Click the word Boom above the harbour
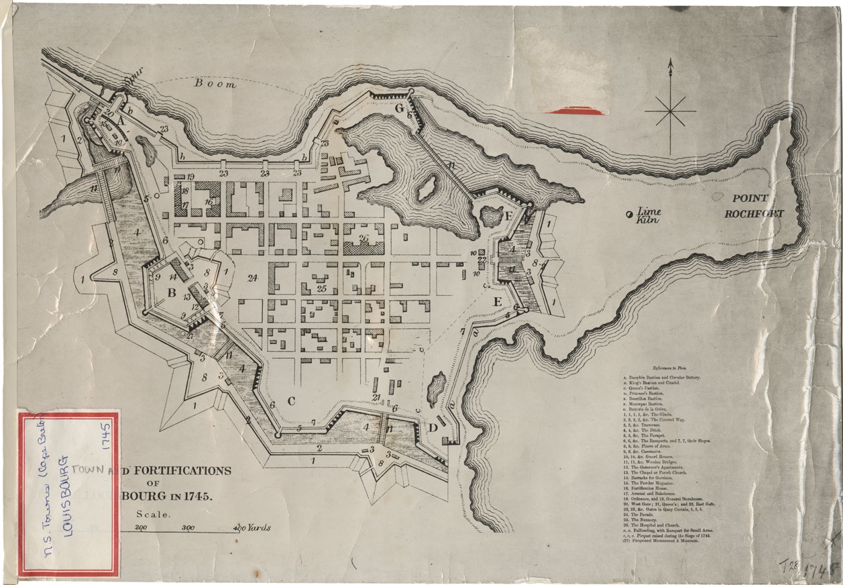coord(215,85)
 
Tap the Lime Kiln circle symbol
coord(628,214)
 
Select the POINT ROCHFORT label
coord(757,206)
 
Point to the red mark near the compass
coord(577,111)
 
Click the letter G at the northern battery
coord(400,108)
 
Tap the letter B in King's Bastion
coord(171,292)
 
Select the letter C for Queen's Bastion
coord(291,401)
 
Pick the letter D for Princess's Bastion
coord(433,427)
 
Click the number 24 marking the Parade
coord(252,278)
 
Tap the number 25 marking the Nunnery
coord(321,289)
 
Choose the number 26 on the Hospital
coord(363,238)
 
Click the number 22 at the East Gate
coord(481,260)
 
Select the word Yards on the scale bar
coord(259,528)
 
